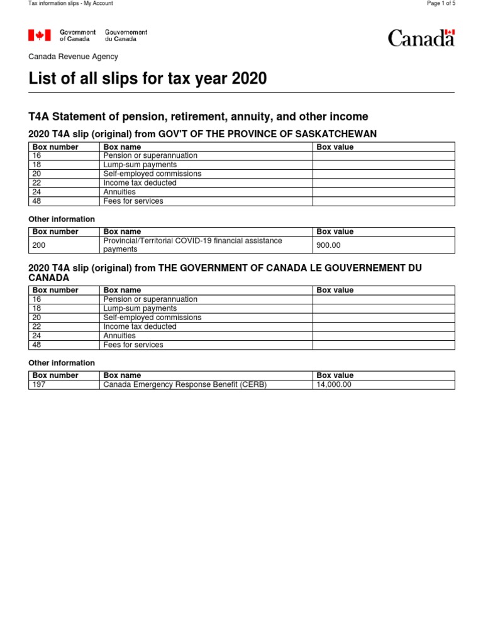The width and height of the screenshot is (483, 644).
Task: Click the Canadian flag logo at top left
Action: click(40, 36)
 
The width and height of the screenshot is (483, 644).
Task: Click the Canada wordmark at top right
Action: click(421, 38)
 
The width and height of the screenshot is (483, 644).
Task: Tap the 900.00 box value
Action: click(328, 245)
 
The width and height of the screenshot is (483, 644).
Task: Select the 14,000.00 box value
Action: click(334, 384)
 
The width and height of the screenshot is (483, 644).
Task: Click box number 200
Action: click(38, 245)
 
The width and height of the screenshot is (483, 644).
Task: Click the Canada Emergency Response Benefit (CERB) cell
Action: click(185, 384)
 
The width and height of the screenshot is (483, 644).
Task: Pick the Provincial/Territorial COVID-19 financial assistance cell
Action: click(192, 245)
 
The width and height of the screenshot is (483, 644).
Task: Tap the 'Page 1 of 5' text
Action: click(441, 4)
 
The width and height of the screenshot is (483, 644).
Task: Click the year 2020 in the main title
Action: click(249, 79)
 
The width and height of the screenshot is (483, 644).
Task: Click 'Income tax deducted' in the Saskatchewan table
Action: click(140, 183)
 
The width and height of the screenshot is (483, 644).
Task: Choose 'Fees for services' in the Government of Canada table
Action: click(133, 345)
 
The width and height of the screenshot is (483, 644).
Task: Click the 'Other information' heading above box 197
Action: click(62, 363)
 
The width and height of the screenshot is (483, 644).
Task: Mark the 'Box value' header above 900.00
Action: click(335, 231)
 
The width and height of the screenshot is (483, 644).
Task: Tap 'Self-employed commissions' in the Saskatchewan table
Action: click(152, 174)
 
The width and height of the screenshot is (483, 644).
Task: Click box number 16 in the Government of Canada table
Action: click(36, 299)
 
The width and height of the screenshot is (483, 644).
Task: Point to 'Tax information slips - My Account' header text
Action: click(71, 4)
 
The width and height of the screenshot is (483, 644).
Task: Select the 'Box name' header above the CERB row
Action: click(122, 375)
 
